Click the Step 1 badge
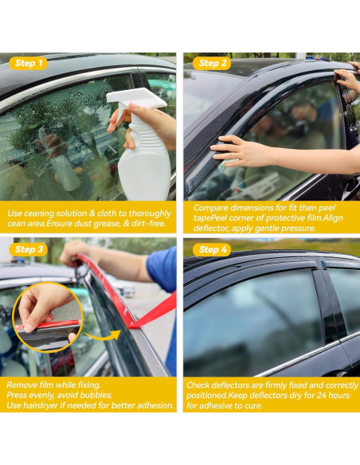[x=28, y=63]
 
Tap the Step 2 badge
[x=212, y=63]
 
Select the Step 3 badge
[x=28, y=249]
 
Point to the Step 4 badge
[x=212, y=249]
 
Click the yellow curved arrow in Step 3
[x=102, y=335]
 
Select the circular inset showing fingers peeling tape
[x=48, y=317]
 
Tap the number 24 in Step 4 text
[x=322, y=395]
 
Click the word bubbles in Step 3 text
[x=96, y=395]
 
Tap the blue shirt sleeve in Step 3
[x=162, y=268]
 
